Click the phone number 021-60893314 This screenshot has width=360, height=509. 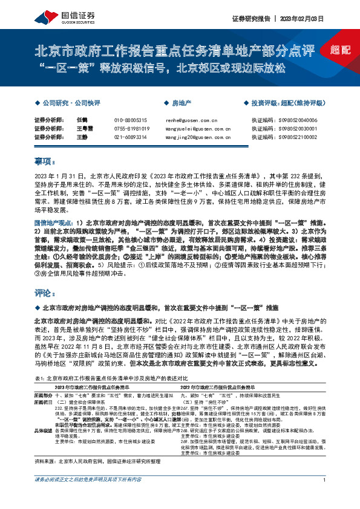click(x=131, y=137)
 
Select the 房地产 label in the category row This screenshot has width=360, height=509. click(x=181, y=103)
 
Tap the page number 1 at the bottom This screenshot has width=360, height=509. click(x=325, y=497)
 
